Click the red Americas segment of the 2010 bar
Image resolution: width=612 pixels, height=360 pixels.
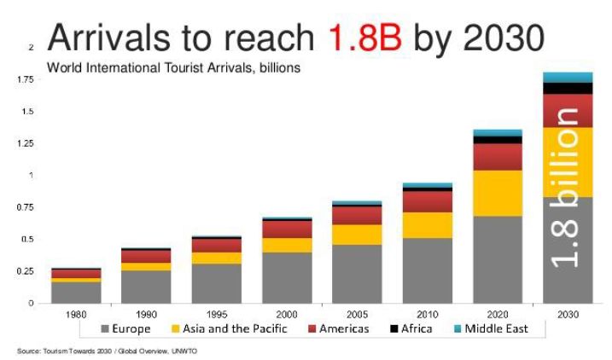[x=428, y=200]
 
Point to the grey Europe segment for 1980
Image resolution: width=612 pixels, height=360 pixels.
[x=76, y=292]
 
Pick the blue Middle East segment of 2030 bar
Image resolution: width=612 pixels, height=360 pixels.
[x=568, y=78]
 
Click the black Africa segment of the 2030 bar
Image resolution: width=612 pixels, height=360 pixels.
[x=568, y=88]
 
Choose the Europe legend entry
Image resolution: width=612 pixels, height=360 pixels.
[x=125, y=328]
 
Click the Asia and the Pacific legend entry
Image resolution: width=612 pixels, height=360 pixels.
[x=229, y=328]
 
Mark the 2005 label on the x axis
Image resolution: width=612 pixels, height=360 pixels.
[x=358, y=314]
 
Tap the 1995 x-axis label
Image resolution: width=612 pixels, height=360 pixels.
[x=217, y=314]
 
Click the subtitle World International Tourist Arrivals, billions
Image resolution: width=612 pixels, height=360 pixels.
[x=173, y=67]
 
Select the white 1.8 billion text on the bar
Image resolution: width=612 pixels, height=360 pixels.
[x=567, y=196]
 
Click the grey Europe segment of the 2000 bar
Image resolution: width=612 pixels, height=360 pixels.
[x=287, y=277]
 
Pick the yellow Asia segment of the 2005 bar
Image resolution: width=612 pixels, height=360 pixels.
[x=358, y=235]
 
